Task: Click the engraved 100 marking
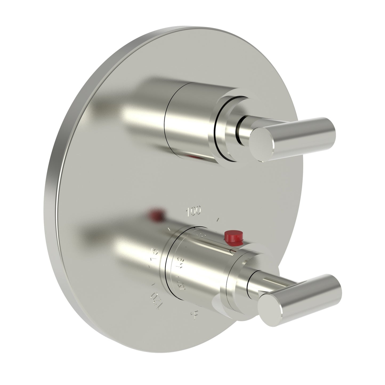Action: pos(194,204)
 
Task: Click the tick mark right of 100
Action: pos(218,212)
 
